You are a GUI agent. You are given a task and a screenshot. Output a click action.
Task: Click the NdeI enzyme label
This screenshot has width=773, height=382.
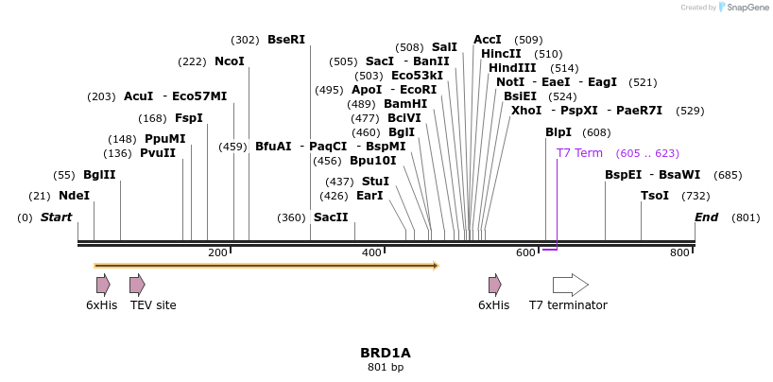pos(74,196)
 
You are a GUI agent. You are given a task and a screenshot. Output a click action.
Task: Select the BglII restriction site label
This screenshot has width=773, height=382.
pos(99,175)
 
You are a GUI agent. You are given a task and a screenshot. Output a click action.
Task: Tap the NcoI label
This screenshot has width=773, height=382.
pos(230,61)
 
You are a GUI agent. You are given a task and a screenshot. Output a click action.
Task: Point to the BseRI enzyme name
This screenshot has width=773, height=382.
pos(286,40)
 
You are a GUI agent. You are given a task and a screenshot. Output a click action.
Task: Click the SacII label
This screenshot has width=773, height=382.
pos(331,217)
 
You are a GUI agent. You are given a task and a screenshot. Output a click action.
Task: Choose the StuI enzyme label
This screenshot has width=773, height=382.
pos(375,182)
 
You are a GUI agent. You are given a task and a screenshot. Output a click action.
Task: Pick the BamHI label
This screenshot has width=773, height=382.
pos(405,104)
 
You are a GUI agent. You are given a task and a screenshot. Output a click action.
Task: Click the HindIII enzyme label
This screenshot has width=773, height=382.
pos(512,68)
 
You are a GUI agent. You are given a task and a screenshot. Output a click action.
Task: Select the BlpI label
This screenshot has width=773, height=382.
pos(558,132)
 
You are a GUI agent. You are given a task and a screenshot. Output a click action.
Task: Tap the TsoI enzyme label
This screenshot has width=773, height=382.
pos(655,196)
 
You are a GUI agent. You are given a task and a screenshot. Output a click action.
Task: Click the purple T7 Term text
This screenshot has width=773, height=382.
pos(579,153)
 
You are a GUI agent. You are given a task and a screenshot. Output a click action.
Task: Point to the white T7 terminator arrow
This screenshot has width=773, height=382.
pos(570,285)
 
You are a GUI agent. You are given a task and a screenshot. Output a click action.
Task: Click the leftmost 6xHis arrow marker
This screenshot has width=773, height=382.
pos(103,285)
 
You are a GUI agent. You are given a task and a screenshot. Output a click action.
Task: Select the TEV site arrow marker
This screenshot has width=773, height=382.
pos(137,285)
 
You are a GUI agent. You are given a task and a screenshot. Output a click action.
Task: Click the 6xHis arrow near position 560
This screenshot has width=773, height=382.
pos(494,285)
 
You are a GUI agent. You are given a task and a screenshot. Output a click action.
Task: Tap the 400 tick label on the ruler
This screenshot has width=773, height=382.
pos(371,252)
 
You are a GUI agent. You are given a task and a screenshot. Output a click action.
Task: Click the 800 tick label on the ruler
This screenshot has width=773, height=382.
pos(679,252)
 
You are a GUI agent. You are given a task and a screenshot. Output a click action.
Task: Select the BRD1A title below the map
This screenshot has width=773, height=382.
pos(386,353)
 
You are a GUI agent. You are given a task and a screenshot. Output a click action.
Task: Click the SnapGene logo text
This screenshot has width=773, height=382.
pos(747,8)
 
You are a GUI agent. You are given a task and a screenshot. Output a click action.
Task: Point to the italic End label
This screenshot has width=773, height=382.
pos(707,217)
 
